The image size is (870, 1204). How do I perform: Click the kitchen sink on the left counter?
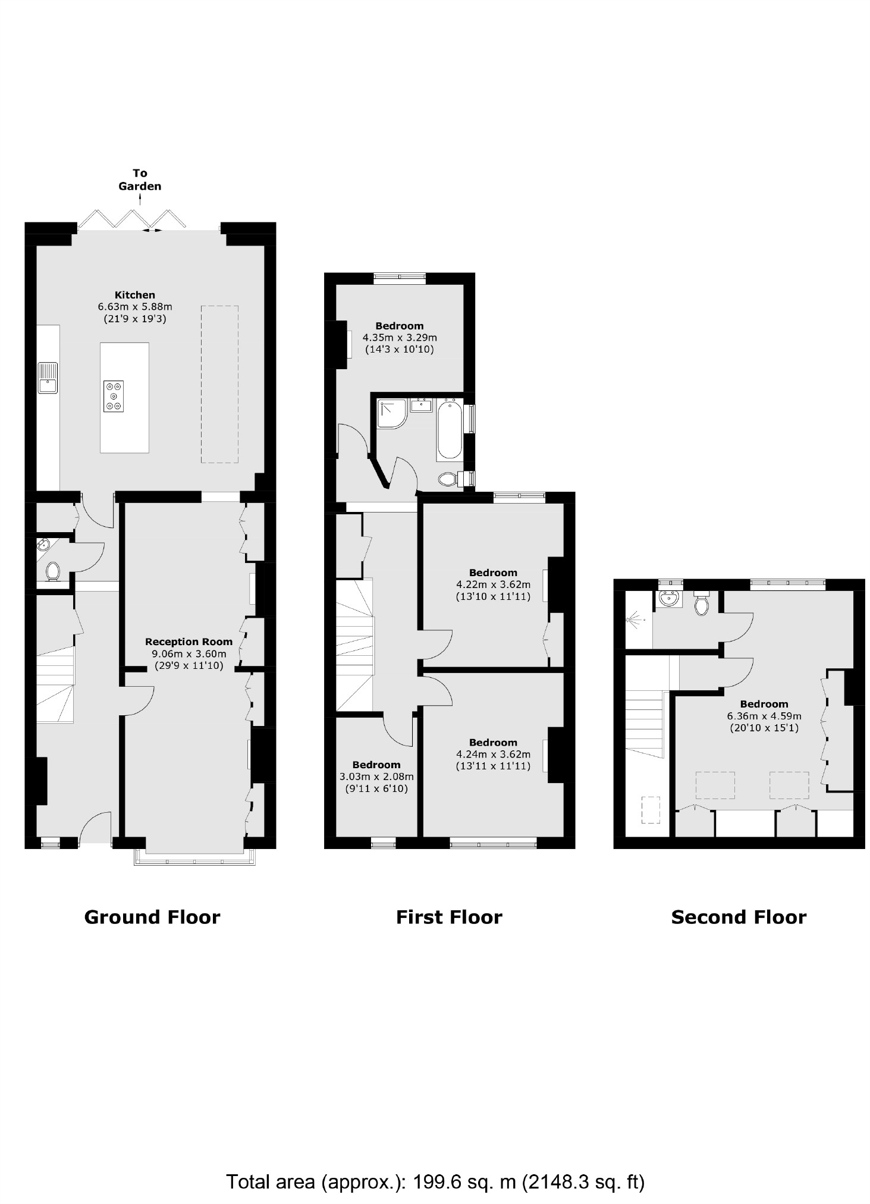[x=48, y=378]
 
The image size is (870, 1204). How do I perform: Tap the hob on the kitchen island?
[x=113, y=396]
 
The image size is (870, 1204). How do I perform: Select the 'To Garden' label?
[x=140, y=180]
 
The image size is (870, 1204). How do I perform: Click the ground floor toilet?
[x=52, y=571]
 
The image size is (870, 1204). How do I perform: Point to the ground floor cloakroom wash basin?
[x=42, y=545]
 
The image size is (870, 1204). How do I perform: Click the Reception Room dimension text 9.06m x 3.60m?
[x=189, y=654]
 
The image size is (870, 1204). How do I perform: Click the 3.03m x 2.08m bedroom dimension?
[x=376, y=777]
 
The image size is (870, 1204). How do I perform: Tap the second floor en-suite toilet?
[x=702, y=604]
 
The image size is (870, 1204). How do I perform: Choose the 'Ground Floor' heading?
[x=152, y=917]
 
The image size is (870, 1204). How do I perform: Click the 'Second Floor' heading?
[x=739, y=917]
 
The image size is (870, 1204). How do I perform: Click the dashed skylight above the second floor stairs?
[x=651, y=810]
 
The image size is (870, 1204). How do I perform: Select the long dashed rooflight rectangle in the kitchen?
[x=219, y=384]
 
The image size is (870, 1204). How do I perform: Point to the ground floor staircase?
[x=55, y=684]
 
